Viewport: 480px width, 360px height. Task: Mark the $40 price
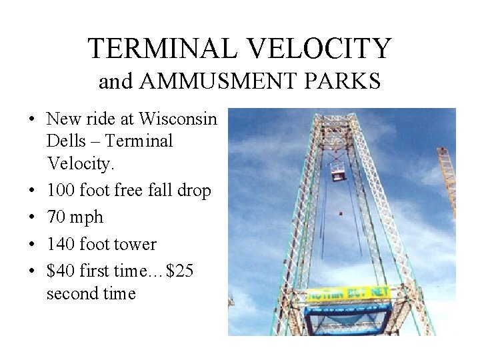pyautogui.click(x=61, y=271)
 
